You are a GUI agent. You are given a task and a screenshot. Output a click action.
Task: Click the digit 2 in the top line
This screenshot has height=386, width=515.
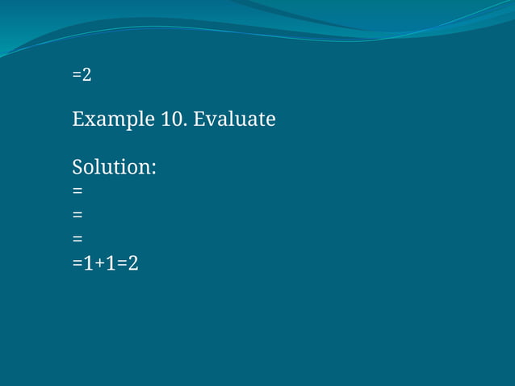pos(86,75)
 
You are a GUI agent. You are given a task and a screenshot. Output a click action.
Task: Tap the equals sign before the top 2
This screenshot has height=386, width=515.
pos(77,75)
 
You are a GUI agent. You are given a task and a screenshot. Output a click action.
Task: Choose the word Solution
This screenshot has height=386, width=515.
pos(111,168)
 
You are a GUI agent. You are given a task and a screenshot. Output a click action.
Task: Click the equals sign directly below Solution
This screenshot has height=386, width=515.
pos(77,191)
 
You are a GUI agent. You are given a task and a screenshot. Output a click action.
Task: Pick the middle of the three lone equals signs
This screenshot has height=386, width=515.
pos(77,215)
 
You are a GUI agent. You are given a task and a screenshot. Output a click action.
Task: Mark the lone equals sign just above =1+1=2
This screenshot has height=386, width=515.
pos(77,239)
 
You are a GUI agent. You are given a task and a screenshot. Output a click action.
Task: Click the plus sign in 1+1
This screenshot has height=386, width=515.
pos(100,263)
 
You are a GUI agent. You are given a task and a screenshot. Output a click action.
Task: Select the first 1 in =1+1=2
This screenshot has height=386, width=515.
pos(89,262)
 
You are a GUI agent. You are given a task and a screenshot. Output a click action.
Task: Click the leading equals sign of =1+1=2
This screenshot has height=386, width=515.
pos(77,263)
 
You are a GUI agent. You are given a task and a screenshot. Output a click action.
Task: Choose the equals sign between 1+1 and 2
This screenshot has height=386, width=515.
pos(122,263)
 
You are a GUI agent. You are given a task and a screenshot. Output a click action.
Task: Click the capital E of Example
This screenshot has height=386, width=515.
pos(78,120)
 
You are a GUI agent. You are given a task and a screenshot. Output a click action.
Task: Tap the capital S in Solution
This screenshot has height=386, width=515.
pos(78,168)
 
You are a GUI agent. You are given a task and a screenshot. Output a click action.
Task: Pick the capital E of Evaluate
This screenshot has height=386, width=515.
pos(199,120)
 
